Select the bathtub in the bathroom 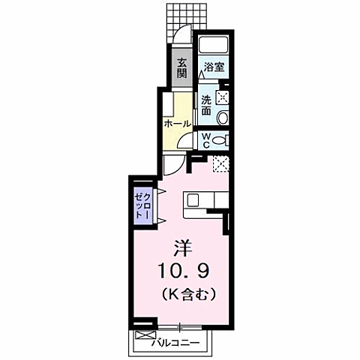coord(213,44)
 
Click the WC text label coord(205,139)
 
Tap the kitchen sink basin coord(193,199)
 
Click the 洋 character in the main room coord(182,247)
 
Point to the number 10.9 coord(182,269)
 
